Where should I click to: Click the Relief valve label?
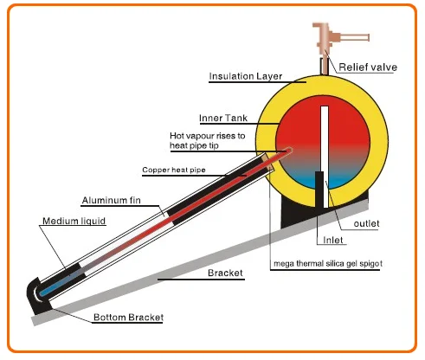pyautogui.click(x=368, y=67)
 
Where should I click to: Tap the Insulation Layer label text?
pyautogui.click(x=246, y=76)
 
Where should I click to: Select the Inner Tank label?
pyautogui.click(x=223, y=118)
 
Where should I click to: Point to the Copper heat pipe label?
pyautogui.click(x=174, y=170)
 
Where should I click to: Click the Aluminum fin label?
pyautogui.click(x=112, y=200)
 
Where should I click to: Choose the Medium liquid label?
pyautogui.click(x=74, y=221)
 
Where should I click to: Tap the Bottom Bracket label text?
pyautogui.click(x=128, y=318)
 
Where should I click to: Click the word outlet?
pyautogui.click(x=366, y=223)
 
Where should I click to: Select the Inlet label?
pyautogui.click(x=333, y=240)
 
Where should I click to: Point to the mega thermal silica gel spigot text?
pyautogui.click(x=328, y=263)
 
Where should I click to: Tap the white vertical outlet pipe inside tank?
pyautogui.click(x=325, y=157)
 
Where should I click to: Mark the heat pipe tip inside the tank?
pyautogui.click(x=289, y=151)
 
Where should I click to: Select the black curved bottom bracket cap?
pyautogui.click(x=36, y=296)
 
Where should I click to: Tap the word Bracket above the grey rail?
pyautogui.click(x=225, y=273)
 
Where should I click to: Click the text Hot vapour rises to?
pyautogui.click(x=208, y=136)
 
